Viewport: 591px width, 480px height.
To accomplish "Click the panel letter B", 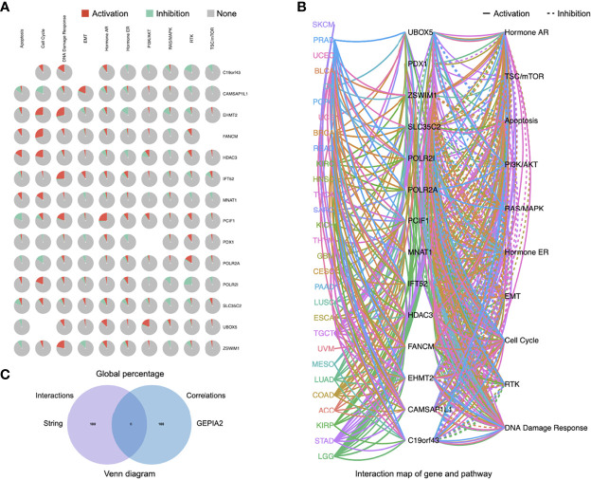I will (x=301, y=8).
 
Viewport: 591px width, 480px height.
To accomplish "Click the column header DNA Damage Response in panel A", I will (x=63, y=45).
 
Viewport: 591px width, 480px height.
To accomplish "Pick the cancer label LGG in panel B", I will (x=327, y=457).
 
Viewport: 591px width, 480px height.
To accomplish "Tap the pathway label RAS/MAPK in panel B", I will (x=528, y=209).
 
